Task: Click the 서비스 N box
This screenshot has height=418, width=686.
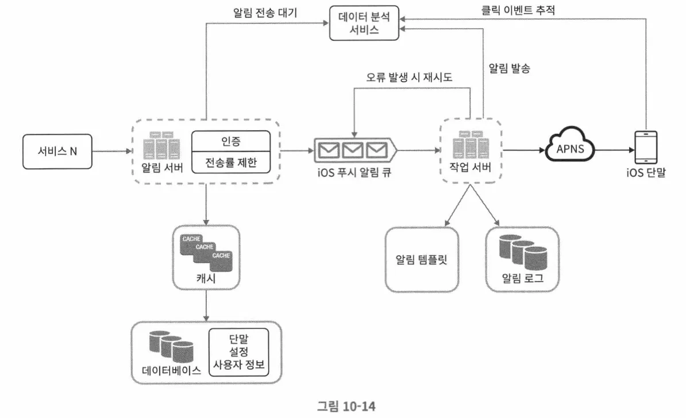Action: [x=56, y=151]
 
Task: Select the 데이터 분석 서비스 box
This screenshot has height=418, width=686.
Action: [x=364, y=24]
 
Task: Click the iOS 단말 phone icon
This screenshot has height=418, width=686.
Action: [x=646, y=148]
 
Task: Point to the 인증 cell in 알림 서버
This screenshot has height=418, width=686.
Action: [x=230, y=140]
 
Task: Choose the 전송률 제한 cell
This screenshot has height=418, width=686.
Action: [x=230, y=163]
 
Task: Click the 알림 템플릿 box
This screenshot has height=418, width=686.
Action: [x=422, y=259]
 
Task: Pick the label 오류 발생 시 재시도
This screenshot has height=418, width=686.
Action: [x=409, y=77]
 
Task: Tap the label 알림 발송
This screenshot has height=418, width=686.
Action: [x=509, y=68]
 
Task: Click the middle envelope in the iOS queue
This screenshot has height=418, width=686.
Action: [x=352, y=150]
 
